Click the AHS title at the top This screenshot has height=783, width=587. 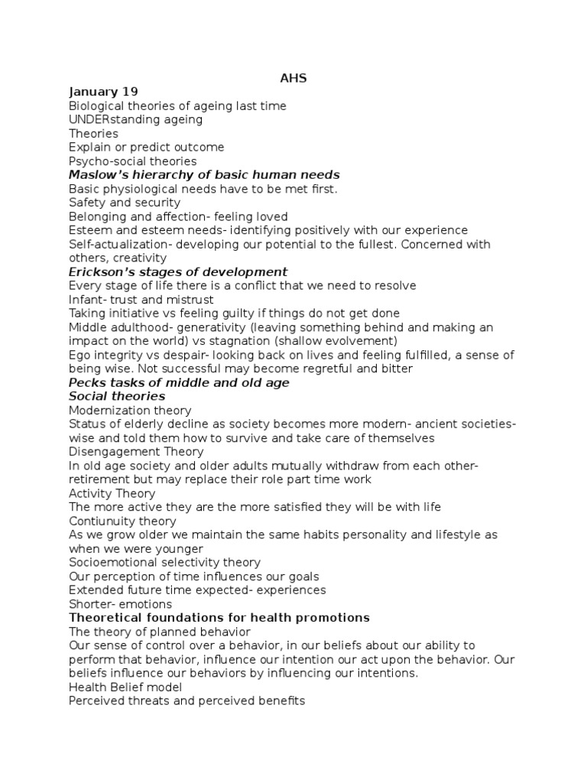pyautogui.click(x=293, y=78)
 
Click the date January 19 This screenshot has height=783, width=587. pyautogui.click(x=103, y=92)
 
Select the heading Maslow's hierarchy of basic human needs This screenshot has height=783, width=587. pyautogui.click(x=204, y=175)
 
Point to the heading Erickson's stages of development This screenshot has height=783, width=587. pyautogui.click(x=178, y=271)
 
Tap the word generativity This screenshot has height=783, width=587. pyautogui.click(x=190, y=327)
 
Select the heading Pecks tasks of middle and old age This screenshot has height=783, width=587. pyautogui.click(x=179, y=382)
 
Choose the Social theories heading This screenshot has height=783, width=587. pyautogui.click(x=117, y=396)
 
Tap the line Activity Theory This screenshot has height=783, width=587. pyautogui.click(x=112, y=493)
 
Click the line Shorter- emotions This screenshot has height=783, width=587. pyautogui.click(x=120, y=604)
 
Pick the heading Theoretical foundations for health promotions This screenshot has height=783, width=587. pyautogui.click(x=219, y=618)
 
